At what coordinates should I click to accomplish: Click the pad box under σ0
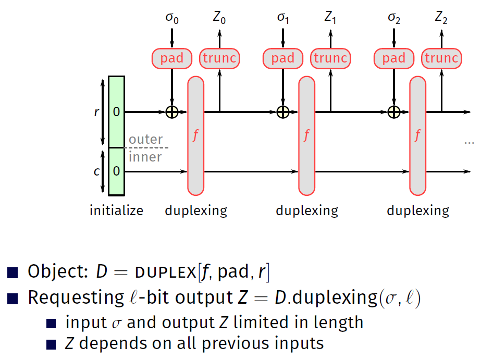pos(172,58)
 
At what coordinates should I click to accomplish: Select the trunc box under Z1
pos(330,58)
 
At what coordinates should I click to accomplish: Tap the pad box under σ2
pos(394,58)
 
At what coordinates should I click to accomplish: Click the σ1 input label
pos(283,18)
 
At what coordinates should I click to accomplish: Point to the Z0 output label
pos(219,18)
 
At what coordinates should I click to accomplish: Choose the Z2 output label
pos(441,18)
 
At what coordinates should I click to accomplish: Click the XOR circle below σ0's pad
pos(172,111)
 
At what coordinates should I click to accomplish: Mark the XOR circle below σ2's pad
pos(394,111)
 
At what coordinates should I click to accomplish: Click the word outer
pos(146,140)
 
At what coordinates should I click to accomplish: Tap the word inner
pos(145,157)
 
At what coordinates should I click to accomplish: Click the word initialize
pos(116,210)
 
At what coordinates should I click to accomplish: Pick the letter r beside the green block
pos(96,111)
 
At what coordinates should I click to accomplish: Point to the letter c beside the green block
pos(96,171)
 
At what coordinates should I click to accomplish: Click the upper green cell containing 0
pos(116,111)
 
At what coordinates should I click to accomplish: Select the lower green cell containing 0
pos(116,171)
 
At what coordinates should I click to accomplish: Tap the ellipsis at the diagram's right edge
pos(469,142)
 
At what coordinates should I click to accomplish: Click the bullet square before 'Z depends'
pos(51,344)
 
